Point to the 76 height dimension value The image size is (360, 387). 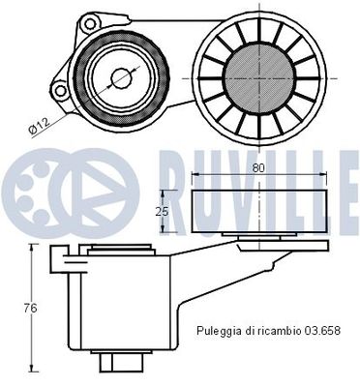[x=30, y=308]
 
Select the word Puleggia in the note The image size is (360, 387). [x=218, y=330]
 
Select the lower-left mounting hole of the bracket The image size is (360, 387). [x=61, y=92]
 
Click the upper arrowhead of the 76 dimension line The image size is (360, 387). [x=36, y=248]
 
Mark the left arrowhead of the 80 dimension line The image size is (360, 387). [x=197, y=175]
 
